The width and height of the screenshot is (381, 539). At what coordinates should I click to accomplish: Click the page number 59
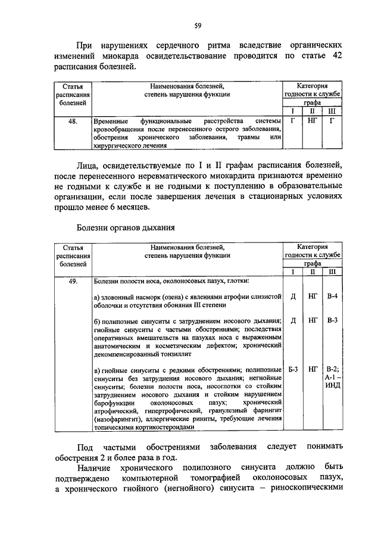point(197,25)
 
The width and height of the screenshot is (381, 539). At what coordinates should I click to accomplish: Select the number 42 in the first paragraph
point(336,55)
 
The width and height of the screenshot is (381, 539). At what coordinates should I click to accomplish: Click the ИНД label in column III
point(332,386)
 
